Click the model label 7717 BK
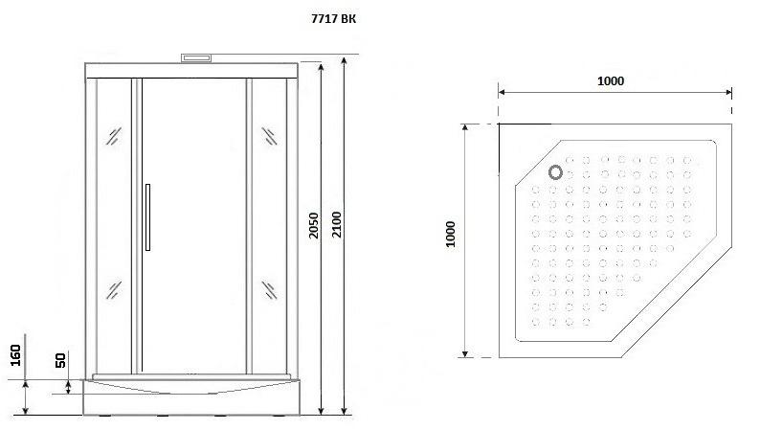333,19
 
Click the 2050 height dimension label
314,225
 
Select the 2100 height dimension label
336,224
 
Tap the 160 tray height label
15,355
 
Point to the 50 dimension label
60,360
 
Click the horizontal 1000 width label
611,81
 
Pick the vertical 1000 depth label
450,234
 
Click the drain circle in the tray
555,172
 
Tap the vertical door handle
147,217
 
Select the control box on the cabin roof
196,58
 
